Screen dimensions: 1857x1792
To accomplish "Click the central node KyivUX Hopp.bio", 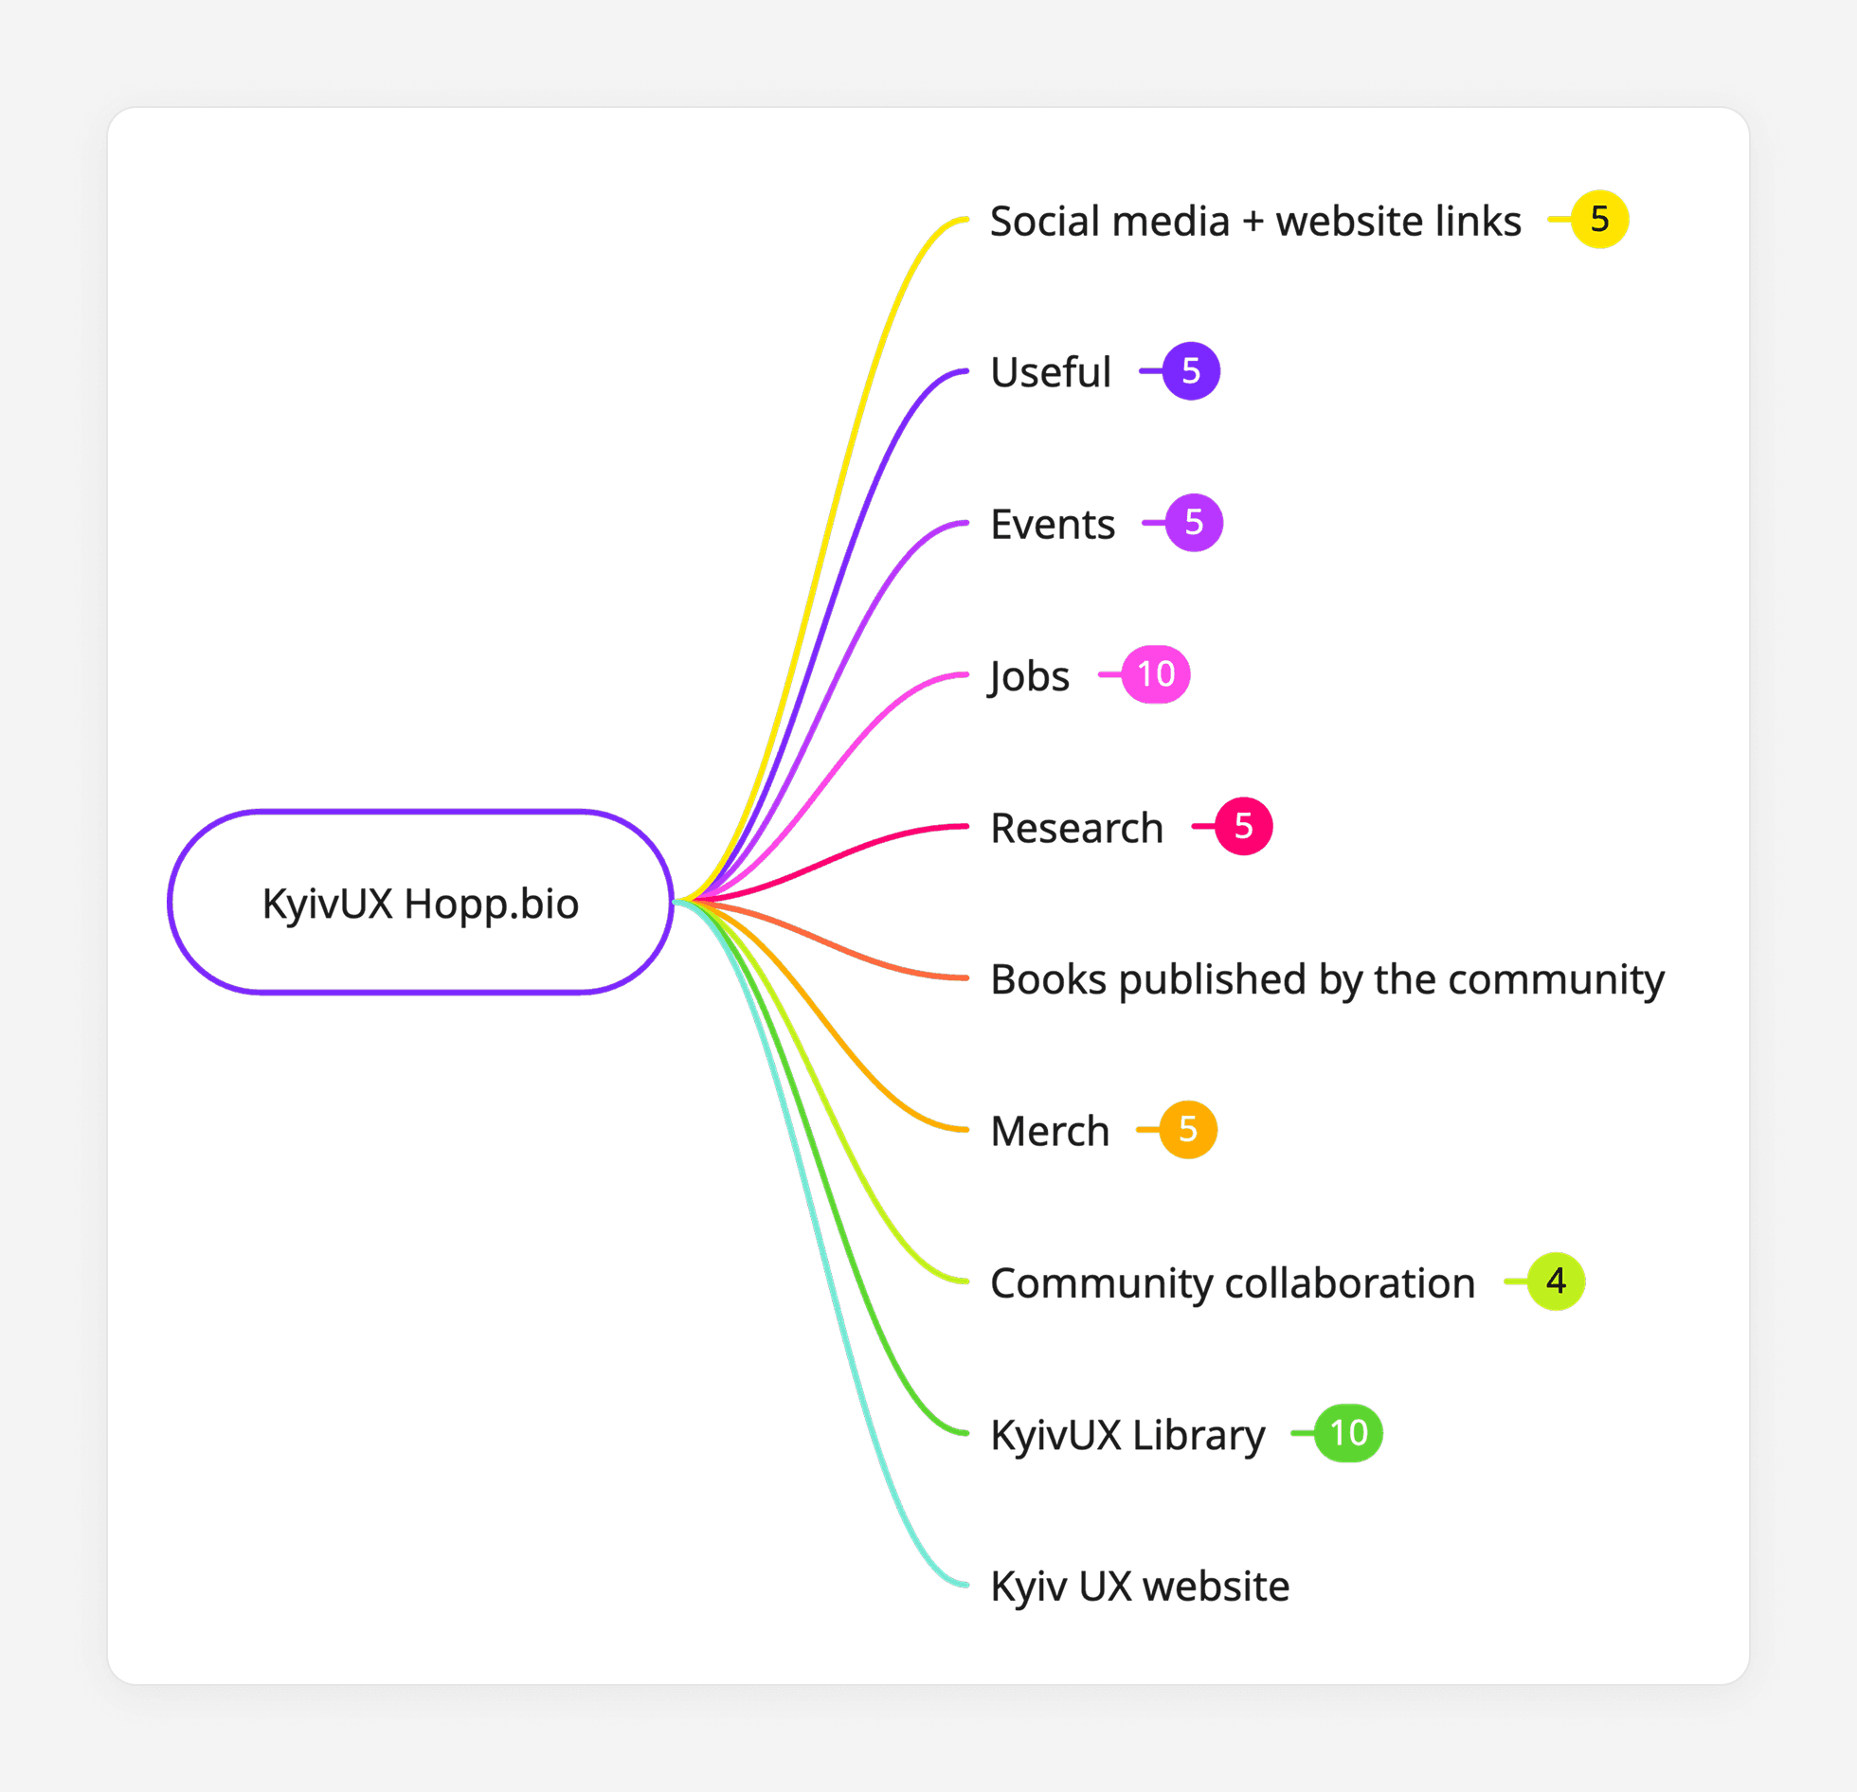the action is pos(420,903).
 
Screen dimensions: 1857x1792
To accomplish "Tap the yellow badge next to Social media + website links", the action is pos(1599,220).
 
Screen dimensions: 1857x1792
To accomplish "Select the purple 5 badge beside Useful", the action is pos(1191,371).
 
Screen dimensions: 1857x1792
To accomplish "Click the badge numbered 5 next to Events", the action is pos(1194,523).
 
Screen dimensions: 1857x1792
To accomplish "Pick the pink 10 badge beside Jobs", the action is pos(1156,674).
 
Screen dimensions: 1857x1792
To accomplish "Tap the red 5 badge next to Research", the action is pos(1243,826).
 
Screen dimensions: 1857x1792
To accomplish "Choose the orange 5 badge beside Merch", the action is pos(1188,1129).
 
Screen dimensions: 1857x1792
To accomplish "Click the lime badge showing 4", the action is pos(1556,1281).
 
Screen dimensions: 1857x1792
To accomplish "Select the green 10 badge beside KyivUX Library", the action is pos(1348,1433).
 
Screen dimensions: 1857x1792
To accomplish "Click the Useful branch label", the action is pos(1050,372).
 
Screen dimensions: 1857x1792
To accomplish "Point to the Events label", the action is pos(1052,524).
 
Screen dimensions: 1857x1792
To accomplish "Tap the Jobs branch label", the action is pos(1029,676).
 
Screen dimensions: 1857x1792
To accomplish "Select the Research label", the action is pos(1076,828).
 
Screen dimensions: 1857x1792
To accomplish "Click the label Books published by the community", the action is pos(1326,979).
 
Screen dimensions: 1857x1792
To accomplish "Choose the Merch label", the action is pos(1049,1131).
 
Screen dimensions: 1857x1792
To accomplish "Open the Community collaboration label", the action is pos(1232,1283).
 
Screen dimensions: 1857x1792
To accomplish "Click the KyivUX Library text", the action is pos(1127,1435).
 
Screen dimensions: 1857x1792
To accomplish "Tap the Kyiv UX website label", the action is pos(1139,1586).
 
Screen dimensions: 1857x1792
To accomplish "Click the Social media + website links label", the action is pos(1254,222).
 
